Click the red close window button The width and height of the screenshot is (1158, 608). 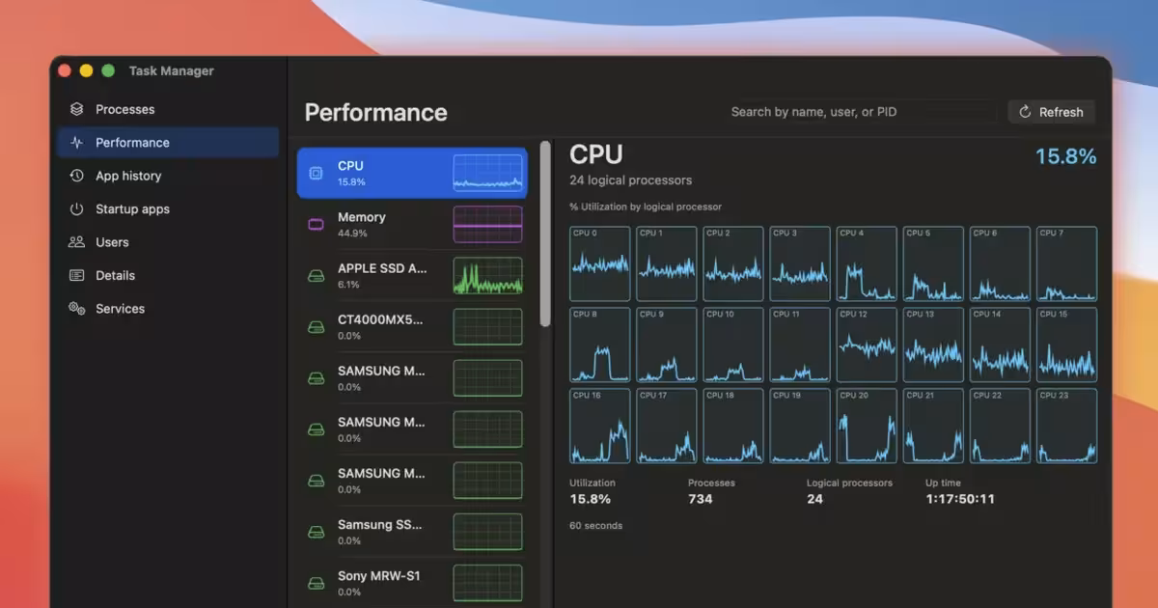[x=65, y=70]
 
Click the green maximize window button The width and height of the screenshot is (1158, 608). [x=108, y=70]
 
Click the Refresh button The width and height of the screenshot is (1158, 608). [x=1052, y=112]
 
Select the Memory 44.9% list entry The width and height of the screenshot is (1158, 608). [x=412, y=224]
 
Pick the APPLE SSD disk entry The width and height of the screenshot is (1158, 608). [x=412, y=276]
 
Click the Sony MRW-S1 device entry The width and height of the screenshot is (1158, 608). [x=412, y=583]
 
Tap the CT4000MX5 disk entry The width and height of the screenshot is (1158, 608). [x=412, y=327]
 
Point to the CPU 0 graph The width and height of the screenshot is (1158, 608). [x=599, y=263]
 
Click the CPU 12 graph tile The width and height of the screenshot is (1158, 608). [x=867, y=345]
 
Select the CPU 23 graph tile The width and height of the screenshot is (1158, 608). [x=1066, y=426]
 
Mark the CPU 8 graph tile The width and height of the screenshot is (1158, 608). [x=599, y=345]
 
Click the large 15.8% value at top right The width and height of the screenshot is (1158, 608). [x=1066, y=156]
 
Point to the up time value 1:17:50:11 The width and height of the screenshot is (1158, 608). [x=960, y=499]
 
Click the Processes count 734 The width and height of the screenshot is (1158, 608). [x=700, y=499]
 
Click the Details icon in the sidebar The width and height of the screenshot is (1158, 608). [x=76, y=276]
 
